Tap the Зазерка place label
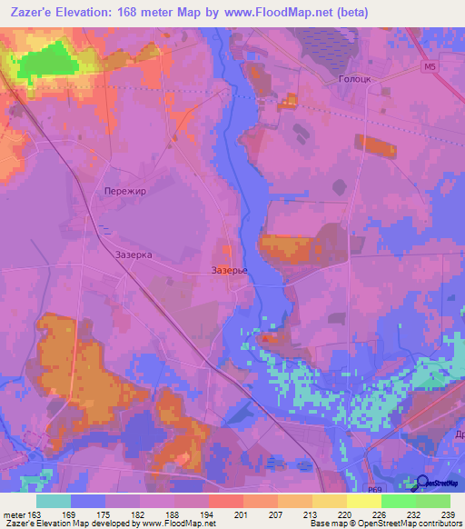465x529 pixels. tap(134, 255)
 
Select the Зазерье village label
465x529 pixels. tap(229, 271)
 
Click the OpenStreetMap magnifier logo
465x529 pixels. tap(422, 483)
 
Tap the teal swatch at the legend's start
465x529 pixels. tap(54, 501)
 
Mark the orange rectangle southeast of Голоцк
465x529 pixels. tap(376, 145)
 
